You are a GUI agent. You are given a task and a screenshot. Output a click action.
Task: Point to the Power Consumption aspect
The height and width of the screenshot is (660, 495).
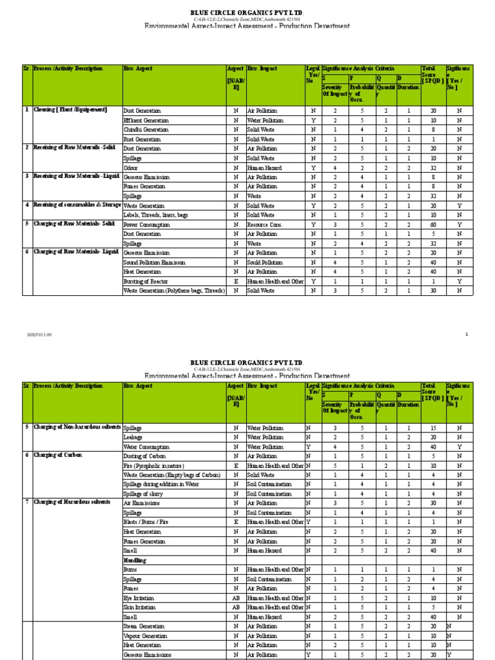146,225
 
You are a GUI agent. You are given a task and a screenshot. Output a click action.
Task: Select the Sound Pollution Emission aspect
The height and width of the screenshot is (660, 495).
154,263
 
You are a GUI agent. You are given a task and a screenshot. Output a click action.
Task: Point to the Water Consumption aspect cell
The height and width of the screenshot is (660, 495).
146,447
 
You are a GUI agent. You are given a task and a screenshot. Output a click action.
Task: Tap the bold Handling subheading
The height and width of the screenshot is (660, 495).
135,561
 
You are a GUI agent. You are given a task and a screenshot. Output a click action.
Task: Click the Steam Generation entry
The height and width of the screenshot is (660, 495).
144,626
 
